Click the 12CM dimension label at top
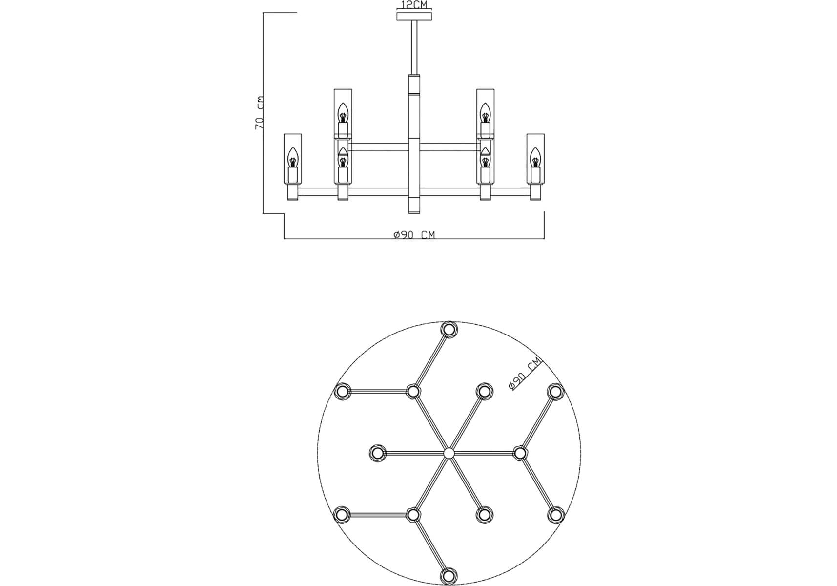click(414, 5)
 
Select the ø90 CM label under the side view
click(414, 235)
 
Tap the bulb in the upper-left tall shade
click(343, 113)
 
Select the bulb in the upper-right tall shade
click(485, 113)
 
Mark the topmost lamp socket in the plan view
click(449, 329)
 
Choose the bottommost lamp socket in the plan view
click(449, 575)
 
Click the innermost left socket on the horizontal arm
click(377, 453)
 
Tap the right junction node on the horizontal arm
click(520, 453)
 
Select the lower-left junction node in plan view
click(413, 515)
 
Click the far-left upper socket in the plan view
click(342, 391)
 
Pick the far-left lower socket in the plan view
click(342, 515)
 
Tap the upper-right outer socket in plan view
click(555, 391)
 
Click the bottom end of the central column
click(414, 213)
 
